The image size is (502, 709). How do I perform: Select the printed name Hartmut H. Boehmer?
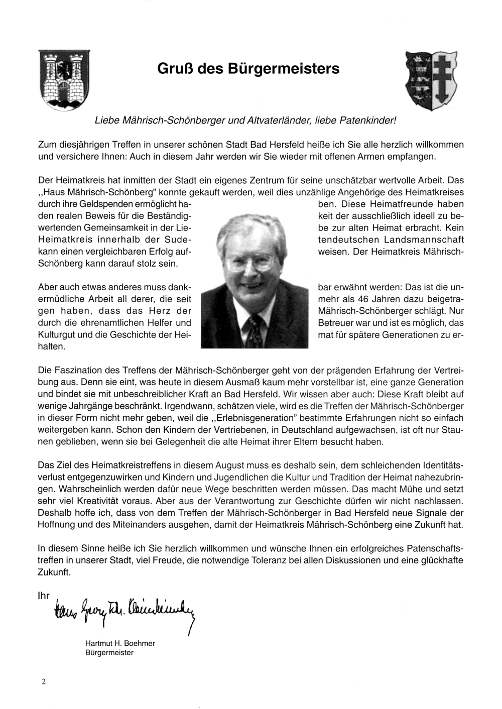click(120, 643)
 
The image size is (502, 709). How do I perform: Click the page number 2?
click(44, 681)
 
